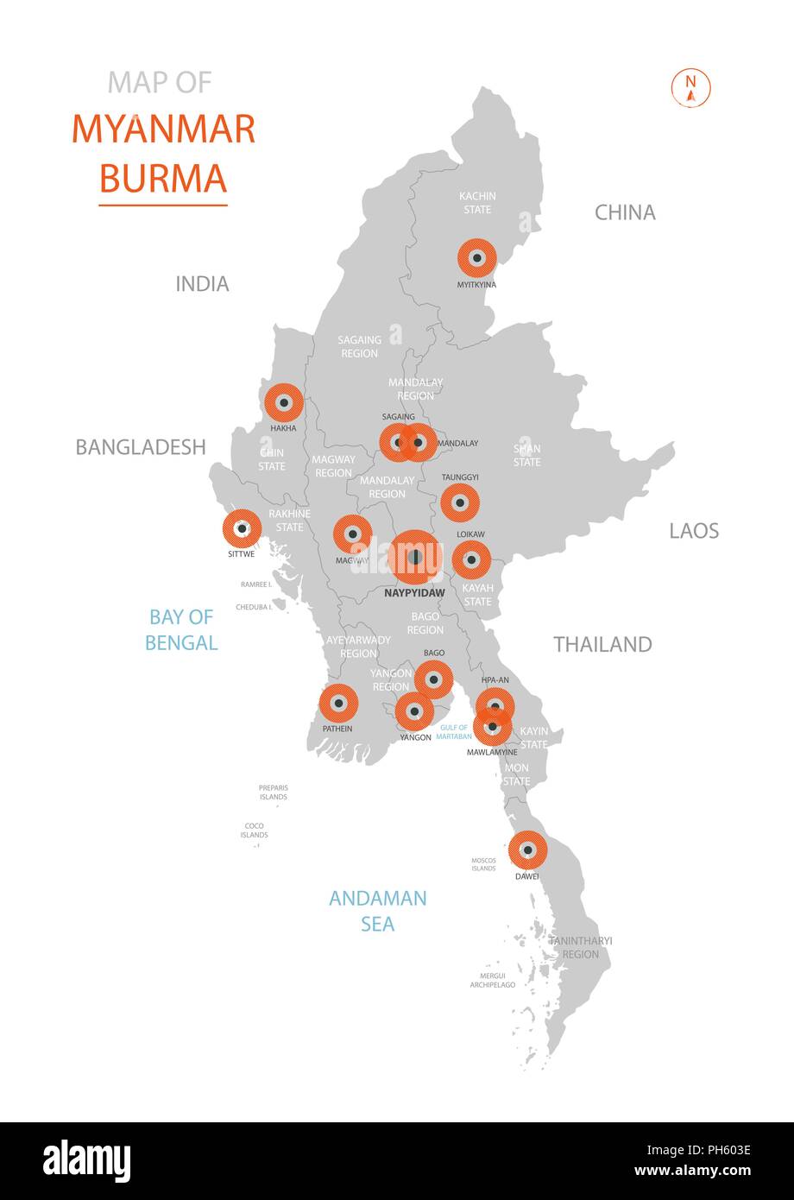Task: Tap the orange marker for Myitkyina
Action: click(x=476, y=257)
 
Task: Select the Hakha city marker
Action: click(x=283, y=402)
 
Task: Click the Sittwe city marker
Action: click(x=243, y=528)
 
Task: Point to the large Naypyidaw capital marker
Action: click(x=415, y=557)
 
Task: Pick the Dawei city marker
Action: click(x=528, y=850)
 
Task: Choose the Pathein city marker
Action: click(x=338, y=704)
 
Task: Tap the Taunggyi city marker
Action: click(x=460, y=502)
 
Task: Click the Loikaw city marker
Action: click(x=471, y=560)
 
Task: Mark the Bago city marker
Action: click(x=433, y=679)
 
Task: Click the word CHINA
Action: click(x=625, y=212)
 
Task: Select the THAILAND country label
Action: click(x=602, y=644)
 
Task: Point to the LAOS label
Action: click(x=694, y=531)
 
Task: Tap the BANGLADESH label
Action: click(x=141, y=447)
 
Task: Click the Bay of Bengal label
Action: click(x=180, y=629)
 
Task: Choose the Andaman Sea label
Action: click(x=377, y=911)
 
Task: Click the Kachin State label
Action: click(x=477, y=203)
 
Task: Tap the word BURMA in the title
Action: click(x=163, y=177)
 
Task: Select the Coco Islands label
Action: click(x=255, y=831)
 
